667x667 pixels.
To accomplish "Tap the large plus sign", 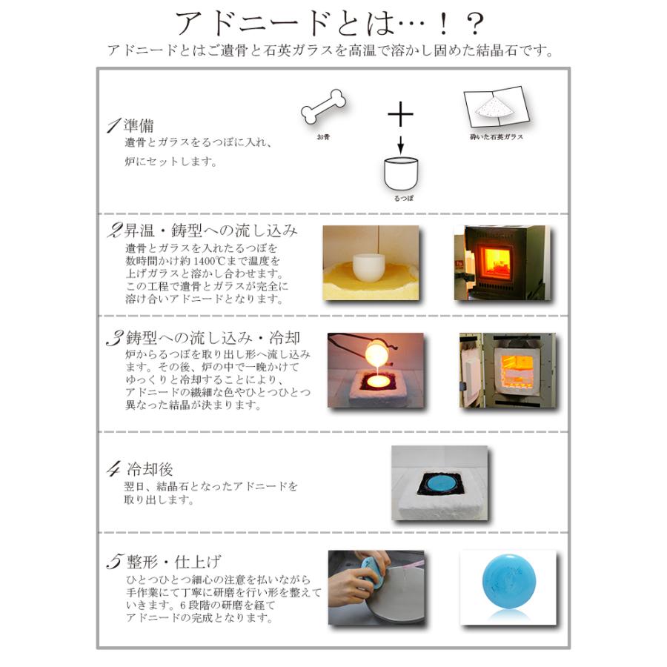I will [x=400, y=115].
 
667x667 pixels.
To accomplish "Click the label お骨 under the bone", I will [x=322, y=137].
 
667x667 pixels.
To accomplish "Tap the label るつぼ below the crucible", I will [x=401, y=199].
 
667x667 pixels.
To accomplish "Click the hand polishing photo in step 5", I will [x=376, y=588].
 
